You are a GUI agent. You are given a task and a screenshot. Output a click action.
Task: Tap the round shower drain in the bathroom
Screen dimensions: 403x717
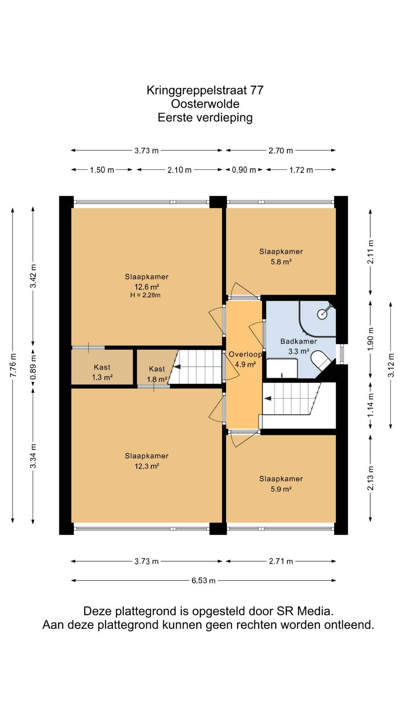(x=322, y=314)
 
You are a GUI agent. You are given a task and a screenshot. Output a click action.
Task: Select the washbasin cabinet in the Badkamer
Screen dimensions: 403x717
(x=282, y=368)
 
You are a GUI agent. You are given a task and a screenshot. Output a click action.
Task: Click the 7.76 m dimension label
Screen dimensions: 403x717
(x=13, y=364)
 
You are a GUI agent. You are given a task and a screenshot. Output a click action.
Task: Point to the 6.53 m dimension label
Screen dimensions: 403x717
(x=203, y=580)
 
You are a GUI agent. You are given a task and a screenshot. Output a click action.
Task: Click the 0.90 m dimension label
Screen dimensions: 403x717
(x=244, y=170)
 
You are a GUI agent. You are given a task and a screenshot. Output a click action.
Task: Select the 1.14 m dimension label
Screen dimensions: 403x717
(x=370, y=406)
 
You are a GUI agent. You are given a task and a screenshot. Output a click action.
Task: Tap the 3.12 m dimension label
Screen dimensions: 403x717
(x=391, y=365)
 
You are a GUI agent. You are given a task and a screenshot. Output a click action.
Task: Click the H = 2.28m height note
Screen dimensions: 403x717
(x=145, y=295)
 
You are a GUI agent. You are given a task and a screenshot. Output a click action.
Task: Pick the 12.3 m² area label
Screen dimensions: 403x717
(x=147, y=466)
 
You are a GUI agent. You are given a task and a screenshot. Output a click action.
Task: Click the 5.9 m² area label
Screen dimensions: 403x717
(x=281, y=489)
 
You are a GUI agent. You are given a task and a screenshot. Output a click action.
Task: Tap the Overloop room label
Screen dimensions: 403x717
(x=245, y=354)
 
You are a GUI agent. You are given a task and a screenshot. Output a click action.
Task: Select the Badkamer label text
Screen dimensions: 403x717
(x=299, y=341)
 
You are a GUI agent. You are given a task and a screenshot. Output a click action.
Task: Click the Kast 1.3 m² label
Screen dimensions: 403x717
(x=102, y=372)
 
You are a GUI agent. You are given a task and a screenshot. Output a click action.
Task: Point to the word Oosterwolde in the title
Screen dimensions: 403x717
(x=205, y=104)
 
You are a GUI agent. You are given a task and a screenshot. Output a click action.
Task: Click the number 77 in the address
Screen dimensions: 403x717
(x=257, y=90)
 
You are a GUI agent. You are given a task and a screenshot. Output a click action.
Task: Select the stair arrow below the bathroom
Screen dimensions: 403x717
(x=268, y=399)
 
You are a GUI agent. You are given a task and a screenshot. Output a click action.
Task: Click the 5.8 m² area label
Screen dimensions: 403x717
(x=281, y=262)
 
